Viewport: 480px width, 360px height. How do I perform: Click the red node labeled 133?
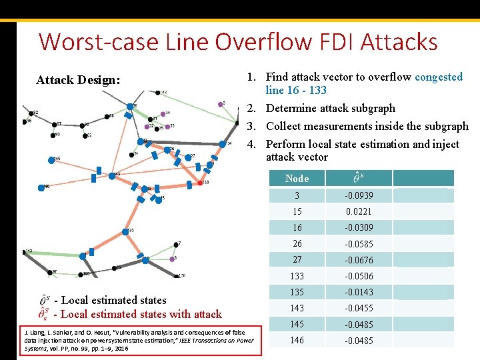click(x=200, y=182)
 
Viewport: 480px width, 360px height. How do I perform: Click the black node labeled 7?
click(x=176, y=245)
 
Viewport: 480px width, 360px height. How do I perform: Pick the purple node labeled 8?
click(x=170, y=259)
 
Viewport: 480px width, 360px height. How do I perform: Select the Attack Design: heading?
click(x=78, y=80)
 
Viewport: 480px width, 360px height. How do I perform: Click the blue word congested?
click(x=438, y=77)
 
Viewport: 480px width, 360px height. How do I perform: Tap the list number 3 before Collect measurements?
click(x=255, y=126)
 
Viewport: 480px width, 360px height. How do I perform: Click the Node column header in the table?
click(x=297, y=179)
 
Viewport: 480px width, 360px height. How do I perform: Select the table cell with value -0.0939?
click(x=359, y=195)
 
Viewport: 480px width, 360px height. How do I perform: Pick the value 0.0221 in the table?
click(x=359, y=211)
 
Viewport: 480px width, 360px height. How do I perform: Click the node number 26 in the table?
click(x=297, y=244)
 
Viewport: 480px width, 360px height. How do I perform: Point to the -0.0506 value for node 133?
click(x=359, y=276)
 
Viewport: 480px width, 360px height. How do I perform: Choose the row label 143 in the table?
click(x=297, y=308)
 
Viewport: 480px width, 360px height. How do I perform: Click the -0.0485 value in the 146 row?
click(x=359, y=341)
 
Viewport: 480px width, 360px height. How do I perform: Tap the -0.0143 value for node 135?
click(x=359, y=292)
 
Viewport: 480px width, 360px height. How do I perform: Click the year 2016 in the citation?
click(x=121, y=349)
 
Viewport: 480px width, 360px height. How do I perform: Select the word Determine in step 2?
click(x=291, y=108)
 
